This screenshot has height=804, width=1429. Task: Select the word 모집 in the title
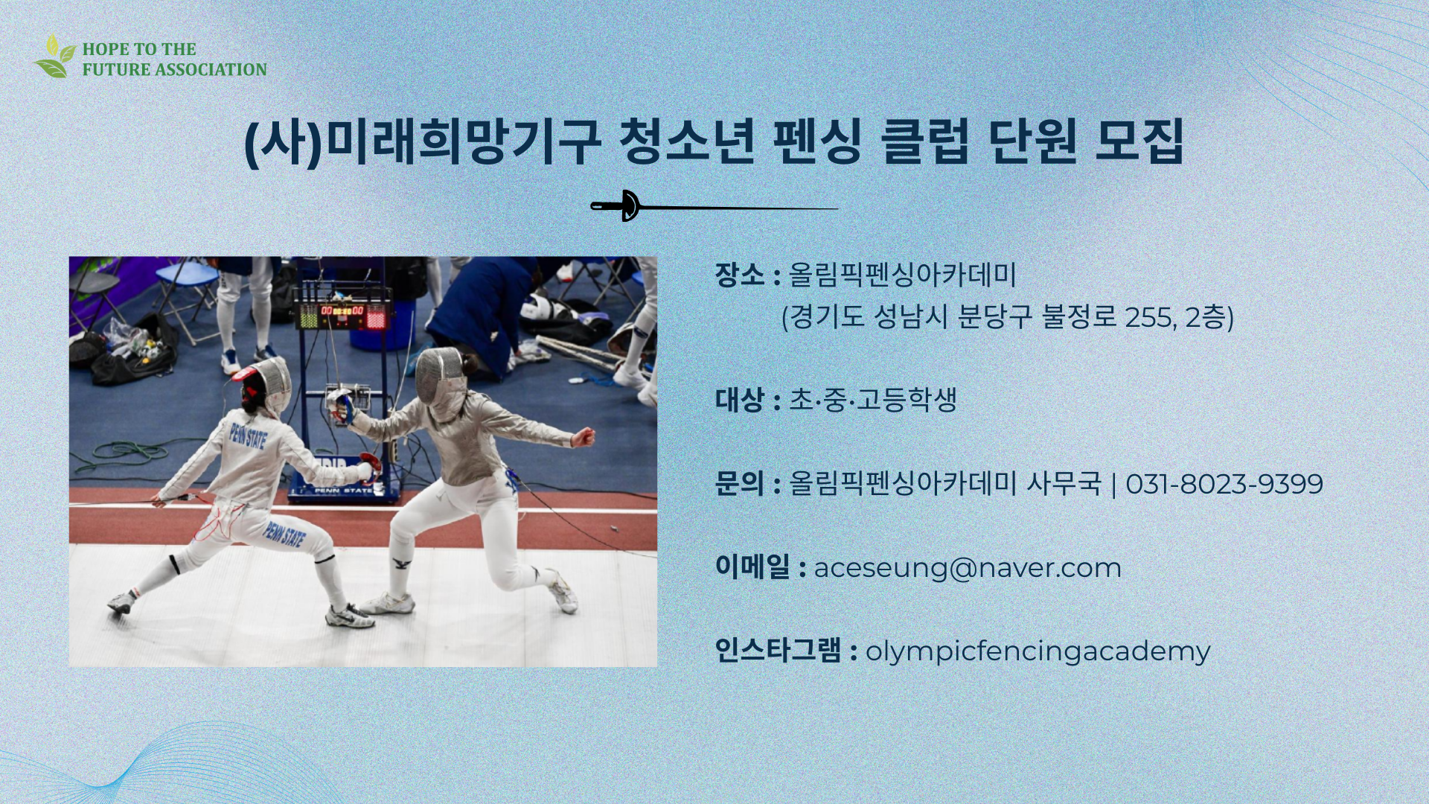1139,141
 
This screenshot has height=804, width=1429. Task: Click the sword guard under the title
629,205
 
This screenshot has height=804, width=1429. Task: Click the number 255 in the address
1148,318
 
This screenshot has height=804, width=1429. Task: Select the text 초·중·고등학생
872,400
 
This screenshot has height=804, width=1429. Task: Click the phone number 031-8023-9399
1224,484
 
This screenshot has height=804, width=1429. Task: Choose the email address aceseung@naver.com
967,568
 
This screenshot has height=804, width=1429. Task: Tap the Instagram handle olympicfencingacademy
1038,651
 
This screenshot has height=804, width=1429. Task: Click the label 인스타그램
778,651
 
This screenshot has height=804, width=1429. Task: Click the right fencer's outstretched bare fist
585,437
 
